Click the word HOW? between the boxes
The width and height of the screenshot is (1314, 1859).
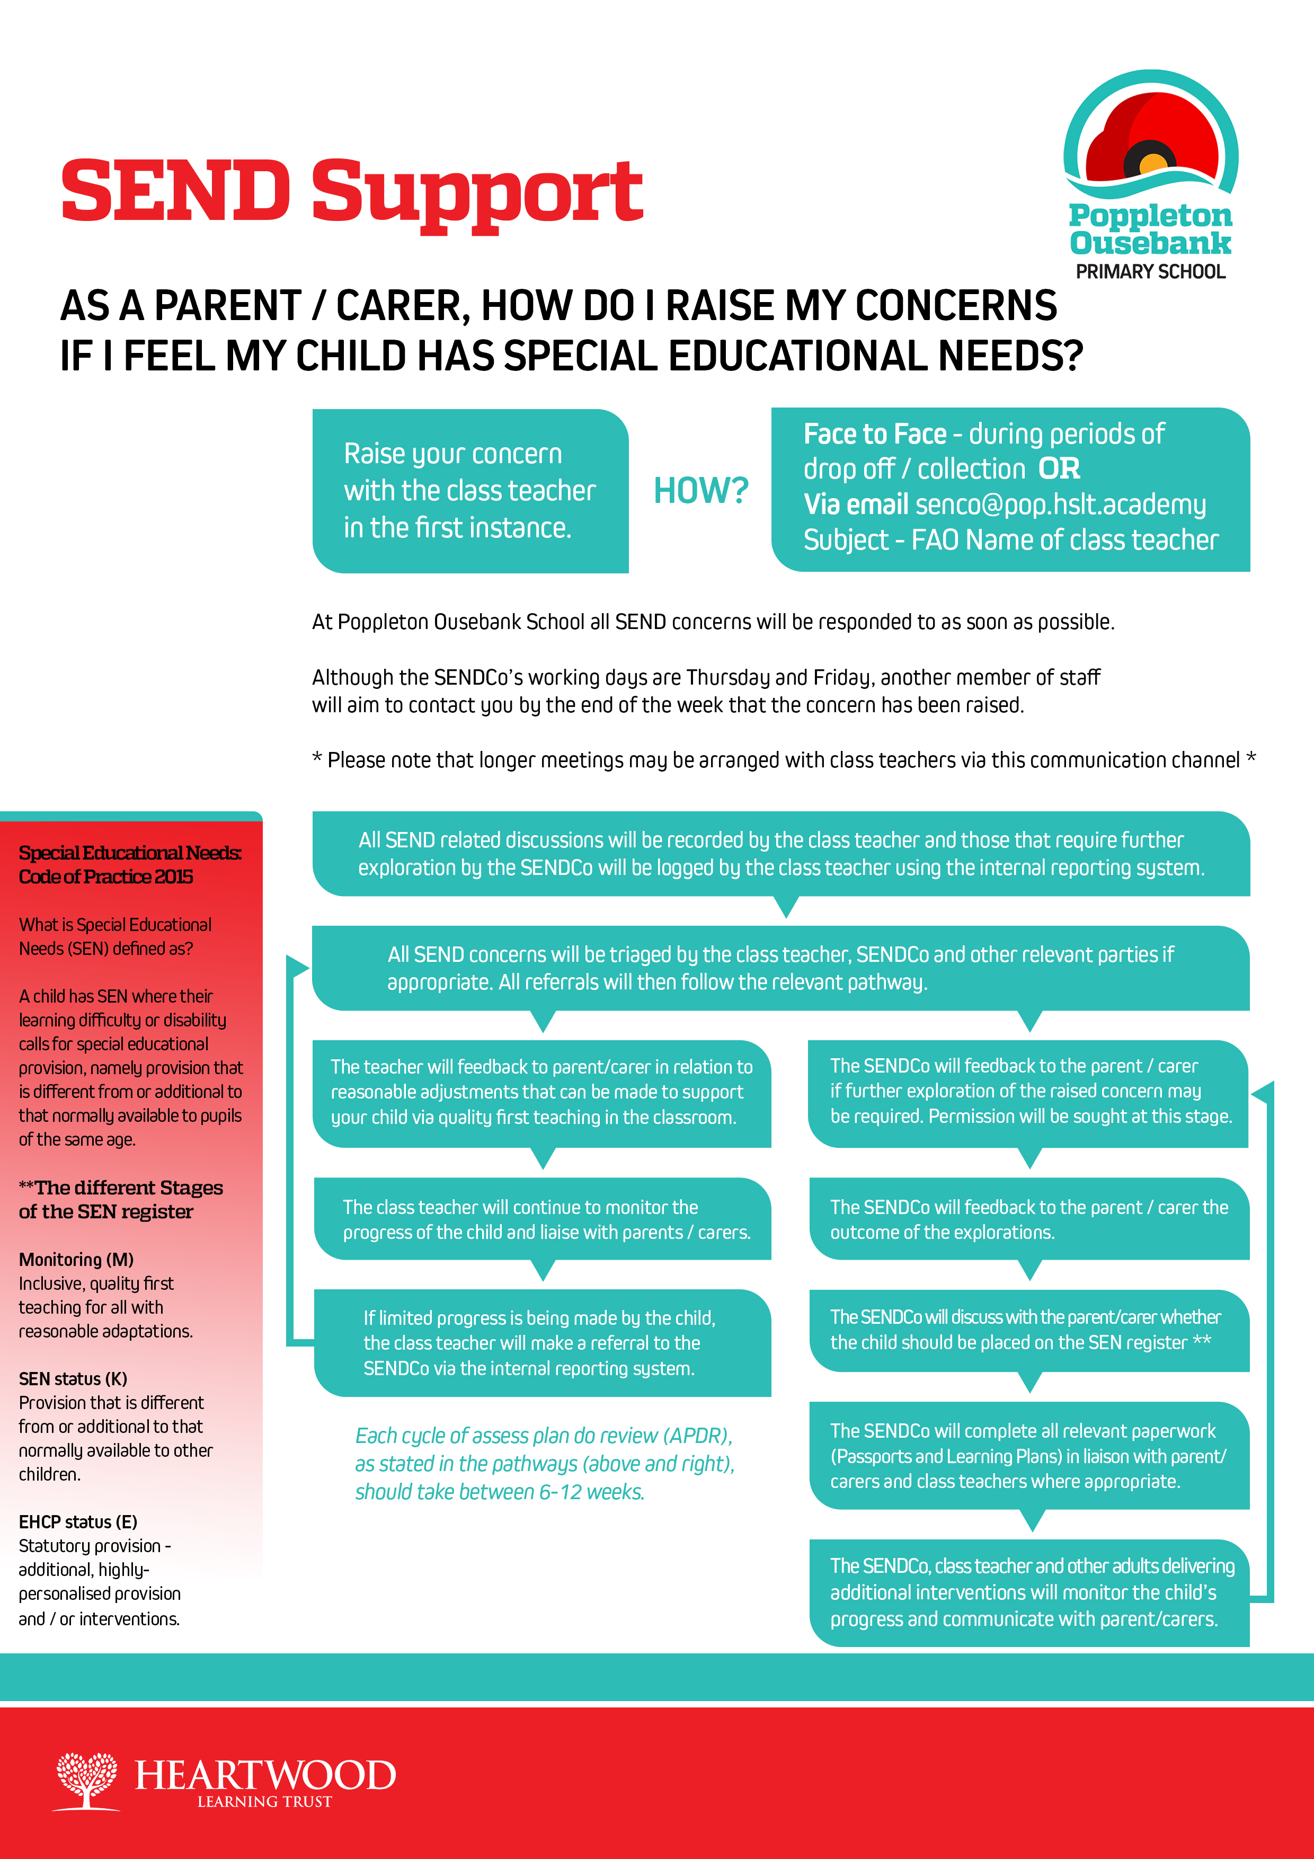(x=700, y=491)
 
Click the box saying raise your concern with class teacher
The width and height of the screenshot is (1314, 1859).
(x=469, y=491)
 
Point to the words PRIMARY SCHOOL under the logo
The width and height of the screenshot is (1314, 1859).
(x=1150, y=272)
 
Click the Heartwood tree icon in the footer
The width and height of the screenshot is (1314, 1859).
(x=86, y=1780)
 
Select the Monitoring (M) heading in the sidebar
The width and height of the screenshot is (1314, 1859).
(x=76, y=1259)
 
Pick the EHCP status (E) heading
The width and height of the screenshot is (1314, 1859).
(x=78, y=1522)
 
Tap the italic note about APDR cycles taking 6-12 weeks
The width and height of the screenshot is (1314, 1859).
(x=544, y=1464)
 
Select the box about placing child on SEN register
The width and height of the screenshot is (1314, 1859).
(x=1028, y=1330)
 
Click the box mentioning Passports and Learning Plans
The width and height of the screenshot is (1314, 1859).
(x=1028, y=1456)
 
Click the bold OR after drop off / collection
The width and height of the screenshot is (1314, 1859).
(x=1059, y=469)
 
